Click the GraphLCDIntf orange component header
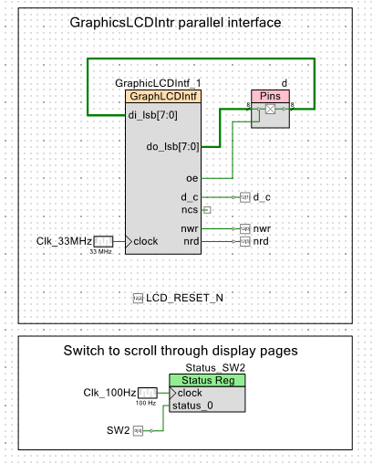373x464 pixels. coord(163,96)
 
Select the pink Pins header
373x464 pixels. coord(270,96)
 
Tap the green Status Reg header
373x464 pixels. coord(207,380)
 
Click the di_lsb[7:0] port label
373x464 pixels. coord(152,115)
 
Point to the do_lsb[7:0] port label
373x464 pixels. coord(172,147)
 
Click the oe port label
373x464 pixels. coord(192,178)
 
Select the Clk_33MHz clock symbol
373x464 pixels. coord(103,241)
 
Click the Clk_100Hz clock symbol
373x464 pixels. coord(148,393)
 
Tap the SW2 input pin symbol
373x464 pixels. coord(138,430)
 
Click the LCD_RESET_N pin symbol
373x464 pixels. coord(138,298)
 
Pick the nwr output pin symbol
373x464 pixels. coord(245,228)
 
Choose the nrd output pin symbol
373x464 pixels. coord(245,241)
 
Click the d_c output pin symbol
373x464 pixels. coord(245,197)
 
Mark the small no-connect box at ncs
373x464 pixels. coord(207,210)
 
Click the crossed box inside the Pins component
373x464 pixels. coord(270,109)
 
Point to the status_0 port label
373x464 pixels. coord(192,406)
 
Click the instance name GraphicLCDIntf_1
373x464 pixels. coord(158,83)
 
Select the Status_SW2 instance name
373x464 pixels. coord(215,368)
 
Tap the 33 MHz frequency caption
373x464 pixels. coord(100,252)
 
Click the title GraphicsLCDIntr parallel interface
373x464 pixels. coord(175,23)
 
